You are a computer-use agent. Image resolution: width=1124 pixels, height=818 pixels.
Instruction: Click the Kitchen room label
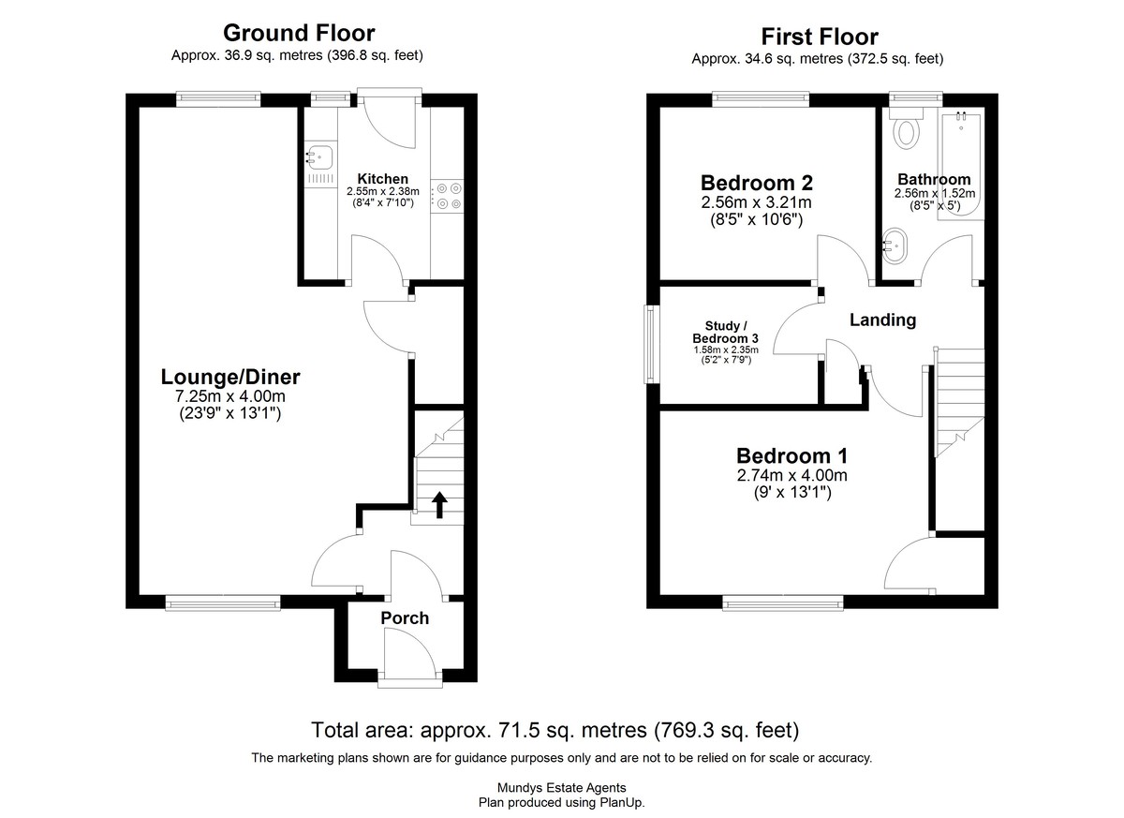coord(382,179)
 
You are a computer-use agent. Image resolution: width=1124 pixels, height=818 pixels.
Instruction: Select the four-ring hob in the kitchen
coord(448,196)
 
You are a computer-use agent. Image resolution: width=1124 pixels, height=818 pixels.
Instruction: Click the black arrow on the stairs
coord(439,504)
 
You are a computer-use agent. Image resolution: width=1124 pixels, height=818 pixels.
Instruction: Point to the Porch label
coord(405,617)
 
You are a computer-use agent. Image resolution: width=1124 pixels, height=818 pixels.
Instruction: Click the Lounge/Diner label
coord(230,377)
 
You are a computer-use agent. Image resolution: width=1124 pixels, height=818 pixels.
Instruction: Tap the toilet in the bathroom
coord(907,128)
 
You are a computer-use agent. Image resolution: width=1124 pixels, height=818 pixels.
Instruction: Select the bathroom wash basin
coord(895,246)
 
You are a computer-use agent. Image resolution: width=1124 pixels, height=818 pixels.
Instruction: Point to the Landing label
coord(882,320)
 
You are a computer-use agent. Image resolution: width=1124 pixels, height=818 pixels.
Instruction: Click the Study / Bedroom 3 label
coord(726,333)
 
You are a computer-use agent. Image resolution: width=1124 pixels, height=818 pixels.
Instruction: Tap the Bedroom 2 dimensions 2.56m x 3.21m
coord(756,202)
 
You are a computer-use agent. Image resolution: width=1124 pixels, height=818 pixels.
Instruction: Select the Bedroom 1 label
coord(791,455)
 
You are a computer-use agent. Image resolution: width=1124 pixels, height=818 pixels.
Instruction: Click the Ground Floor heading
coord(299,33)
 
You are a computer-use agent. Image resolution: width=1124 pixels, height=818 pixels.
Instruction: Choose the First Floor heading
coord(820,37)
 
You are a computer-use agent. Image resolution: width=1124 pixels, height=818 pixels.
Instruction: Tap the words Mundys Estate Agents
coord(561,787)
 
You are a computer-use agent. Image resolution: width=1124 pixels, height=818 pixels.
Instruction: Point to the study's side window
coord(651,344)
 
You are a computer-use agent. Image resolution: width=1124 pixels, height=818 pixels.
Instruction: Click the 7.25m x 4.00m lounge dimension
coord(230,396)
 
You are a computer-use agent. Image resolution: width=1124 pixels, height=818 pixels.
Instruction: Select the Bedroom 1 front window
coord(783,602)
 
